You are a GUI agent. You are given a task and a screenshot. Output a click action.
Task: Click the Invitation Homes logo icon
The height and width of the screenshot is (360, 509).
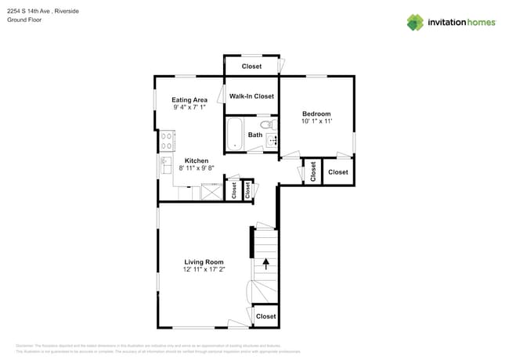415,22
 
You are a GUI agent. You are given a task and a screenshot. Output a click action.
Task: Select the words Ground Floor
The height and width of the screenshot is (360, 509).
24,20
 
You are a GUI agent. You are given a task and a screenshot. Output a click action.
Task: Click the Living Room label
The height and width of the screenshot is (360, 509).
204,262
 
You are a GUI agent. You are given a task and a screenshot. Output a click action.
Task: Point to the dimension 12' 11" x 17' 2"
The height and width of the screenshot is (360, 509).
204,270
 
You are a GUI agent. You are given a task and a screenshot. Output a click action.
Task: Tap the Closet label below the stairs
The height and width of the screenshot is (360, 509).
266,316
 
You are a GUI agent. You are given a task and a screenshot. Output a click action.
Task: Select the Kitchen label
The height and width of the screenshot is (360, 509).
196,160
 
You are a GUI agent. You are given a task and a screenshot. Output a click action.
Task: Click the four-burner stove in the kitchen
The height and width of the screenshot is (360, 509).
167,141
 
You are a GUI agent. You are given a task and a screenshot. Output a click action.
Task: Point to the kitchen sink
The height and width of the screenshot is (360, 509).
166,165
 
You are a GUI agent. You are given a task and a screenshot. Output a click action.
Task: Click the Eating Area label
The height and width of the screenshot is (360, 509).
190,100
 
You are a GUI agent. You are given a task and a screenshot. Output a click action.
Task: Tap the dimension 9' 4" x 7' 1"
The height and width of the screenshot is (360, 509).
190,108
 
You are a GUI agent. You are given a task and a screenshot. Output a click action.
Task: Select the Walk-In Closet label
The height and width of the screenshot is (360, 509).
251,96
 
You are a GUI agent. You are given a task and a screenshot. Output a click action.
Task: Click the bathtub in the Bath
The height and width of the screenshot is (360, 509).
236,134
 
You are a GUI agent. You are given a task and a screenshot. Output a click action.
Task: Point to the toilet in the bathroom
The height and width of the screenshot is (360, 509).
266,124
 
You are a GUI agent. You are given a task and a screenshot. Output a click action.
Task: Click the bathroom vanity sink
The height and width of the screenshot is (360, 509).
272,141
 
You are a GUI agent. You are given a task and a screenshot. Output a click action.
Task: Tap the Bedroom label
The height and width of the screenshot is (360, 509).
316,113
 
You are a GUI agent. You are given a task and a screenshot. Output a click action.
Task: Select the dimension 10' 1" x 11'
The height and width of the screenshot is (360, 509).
316,121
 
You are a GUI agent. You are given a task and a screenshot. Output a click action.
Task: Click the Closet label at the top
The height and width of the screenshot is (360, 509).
251,67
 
